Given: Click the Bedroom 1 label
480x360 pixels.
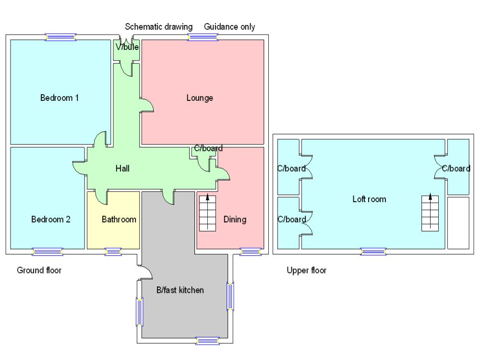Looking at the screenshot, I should (x=60, y=98).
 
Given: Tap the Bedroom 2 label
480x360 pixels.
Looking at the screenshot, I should (x=51, y=220).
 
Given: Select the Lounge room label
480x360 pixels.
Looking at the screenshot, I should (x=200, y=98).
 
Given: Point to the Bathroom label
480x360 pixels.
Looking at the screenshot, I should (x=119, y=220).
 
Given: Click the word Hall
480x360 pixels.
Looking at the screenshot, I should (x=122, y=168).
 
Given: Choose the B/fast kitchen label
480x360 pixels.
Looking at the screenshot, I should (x=180, y=290).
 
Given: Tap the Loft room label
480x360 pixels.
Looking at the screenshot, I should (x=369, y=199).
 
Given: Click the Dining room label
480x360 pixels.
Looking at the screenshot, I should (x=235, y=220).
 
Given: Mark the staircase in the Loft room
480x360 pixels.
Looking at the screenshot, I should (x=430, y=213).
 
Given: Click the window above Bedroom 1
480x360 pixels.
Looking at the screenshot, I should (x=61, y=37).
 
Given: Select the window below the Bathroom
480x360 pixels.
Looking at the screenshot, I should (x=113, y=251).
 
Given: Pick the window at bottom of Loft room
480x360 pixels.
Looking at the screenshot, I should (x=373, y=251).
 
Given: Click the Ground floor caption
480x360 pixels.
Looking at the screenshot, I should (x=39, y=270).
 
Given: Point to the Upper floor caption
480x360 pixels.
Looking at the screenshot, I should (x=307, y=270).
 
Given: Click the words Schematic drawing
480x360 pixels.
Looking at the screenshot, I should (x=159, y=27).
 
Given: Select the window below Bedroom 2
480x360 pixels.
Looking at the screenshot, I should (x=48, y=251).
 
